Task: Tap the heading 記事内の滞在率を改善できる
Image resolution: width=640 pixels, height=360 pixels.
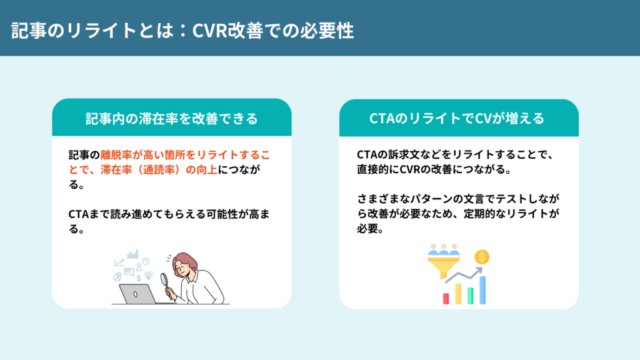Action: [171, 118]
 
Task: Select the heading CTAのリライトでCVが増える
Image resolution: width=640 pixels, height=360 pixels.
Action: [458, 118]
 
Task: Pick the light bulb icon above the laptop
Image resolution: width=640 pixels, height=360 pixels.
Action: [149, 275]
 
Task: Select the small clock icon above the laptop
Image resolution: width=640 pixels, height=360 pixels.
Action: [146, 261]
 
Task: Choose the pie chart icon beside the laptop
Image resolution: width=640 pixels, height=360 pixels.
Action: [117, 276]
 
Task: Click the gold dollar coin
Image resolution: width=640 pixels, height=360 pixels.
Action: [481, 256]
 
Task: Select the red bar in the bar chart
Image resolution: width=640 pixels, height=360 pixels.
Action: [446, 298]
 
